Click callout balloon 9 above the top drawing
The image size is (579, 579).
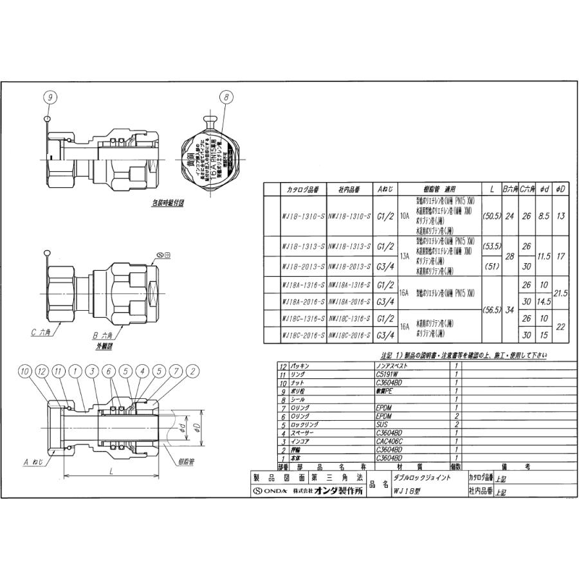coord(51,97)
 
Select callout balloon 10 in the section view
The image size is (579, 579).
coord(24,371)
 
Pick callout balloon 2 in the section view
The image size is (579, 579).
coord(192,371)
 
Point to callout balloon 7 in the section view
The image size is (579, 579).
coord(174,371)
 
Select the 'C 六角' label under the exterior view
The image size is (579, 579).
coord(42,333)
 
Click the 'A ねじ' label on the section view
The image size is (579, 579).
coord(33,462)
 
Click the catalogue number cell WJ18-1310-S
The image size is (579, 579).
coord(299,217)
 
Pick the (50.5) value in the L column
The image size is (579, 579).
coord(492,217)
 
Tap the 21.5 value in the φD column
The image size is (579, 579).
coord(560,293)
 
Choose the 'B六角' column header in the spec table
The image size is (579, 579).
coord(510,190)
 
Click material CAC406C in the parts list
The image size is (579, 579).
coord(388,442)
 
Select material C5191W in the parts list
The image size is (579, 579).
coord(387,374)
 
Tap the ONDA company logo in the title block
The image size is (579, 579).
coord(270,491)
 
